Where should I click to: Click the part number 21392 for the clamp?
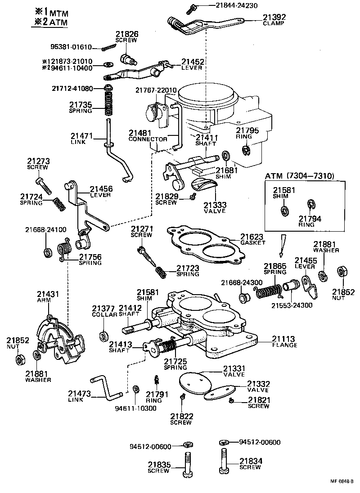click(274, 18)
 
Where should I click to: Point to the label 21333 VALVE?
click(215, 208)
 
